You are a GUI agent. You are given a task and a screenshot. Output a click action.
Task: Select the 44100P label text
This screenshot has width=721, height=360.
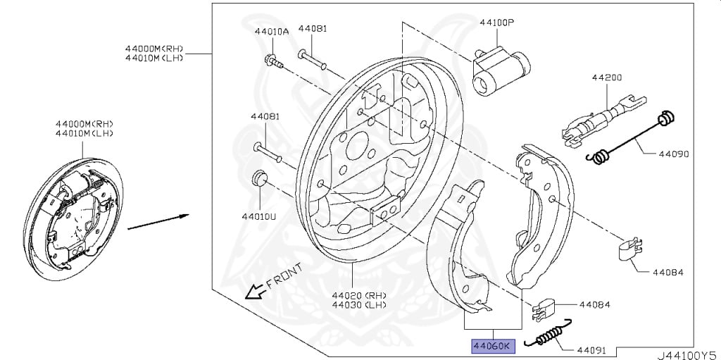pyautogui.click(x=497, y=23)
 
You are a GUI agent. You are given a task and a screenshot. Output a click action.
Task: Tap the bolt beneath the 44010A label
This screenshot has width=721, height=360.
pyautogui.click(x=274, y=61)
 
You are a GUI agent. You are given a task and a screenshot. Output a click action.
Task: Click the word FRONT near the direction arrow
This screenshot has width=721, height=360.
pyautogui.click(x=284, y=277)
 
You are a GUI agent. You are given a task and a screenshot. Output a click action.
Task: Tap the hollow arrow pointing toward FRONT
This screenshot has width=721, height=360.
pyautogui.click(x=252, y=290)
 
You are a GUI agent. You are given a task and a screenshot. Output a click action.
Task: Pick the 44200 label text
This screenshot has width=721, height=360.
pyautogui.click(x=606, y=77)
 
